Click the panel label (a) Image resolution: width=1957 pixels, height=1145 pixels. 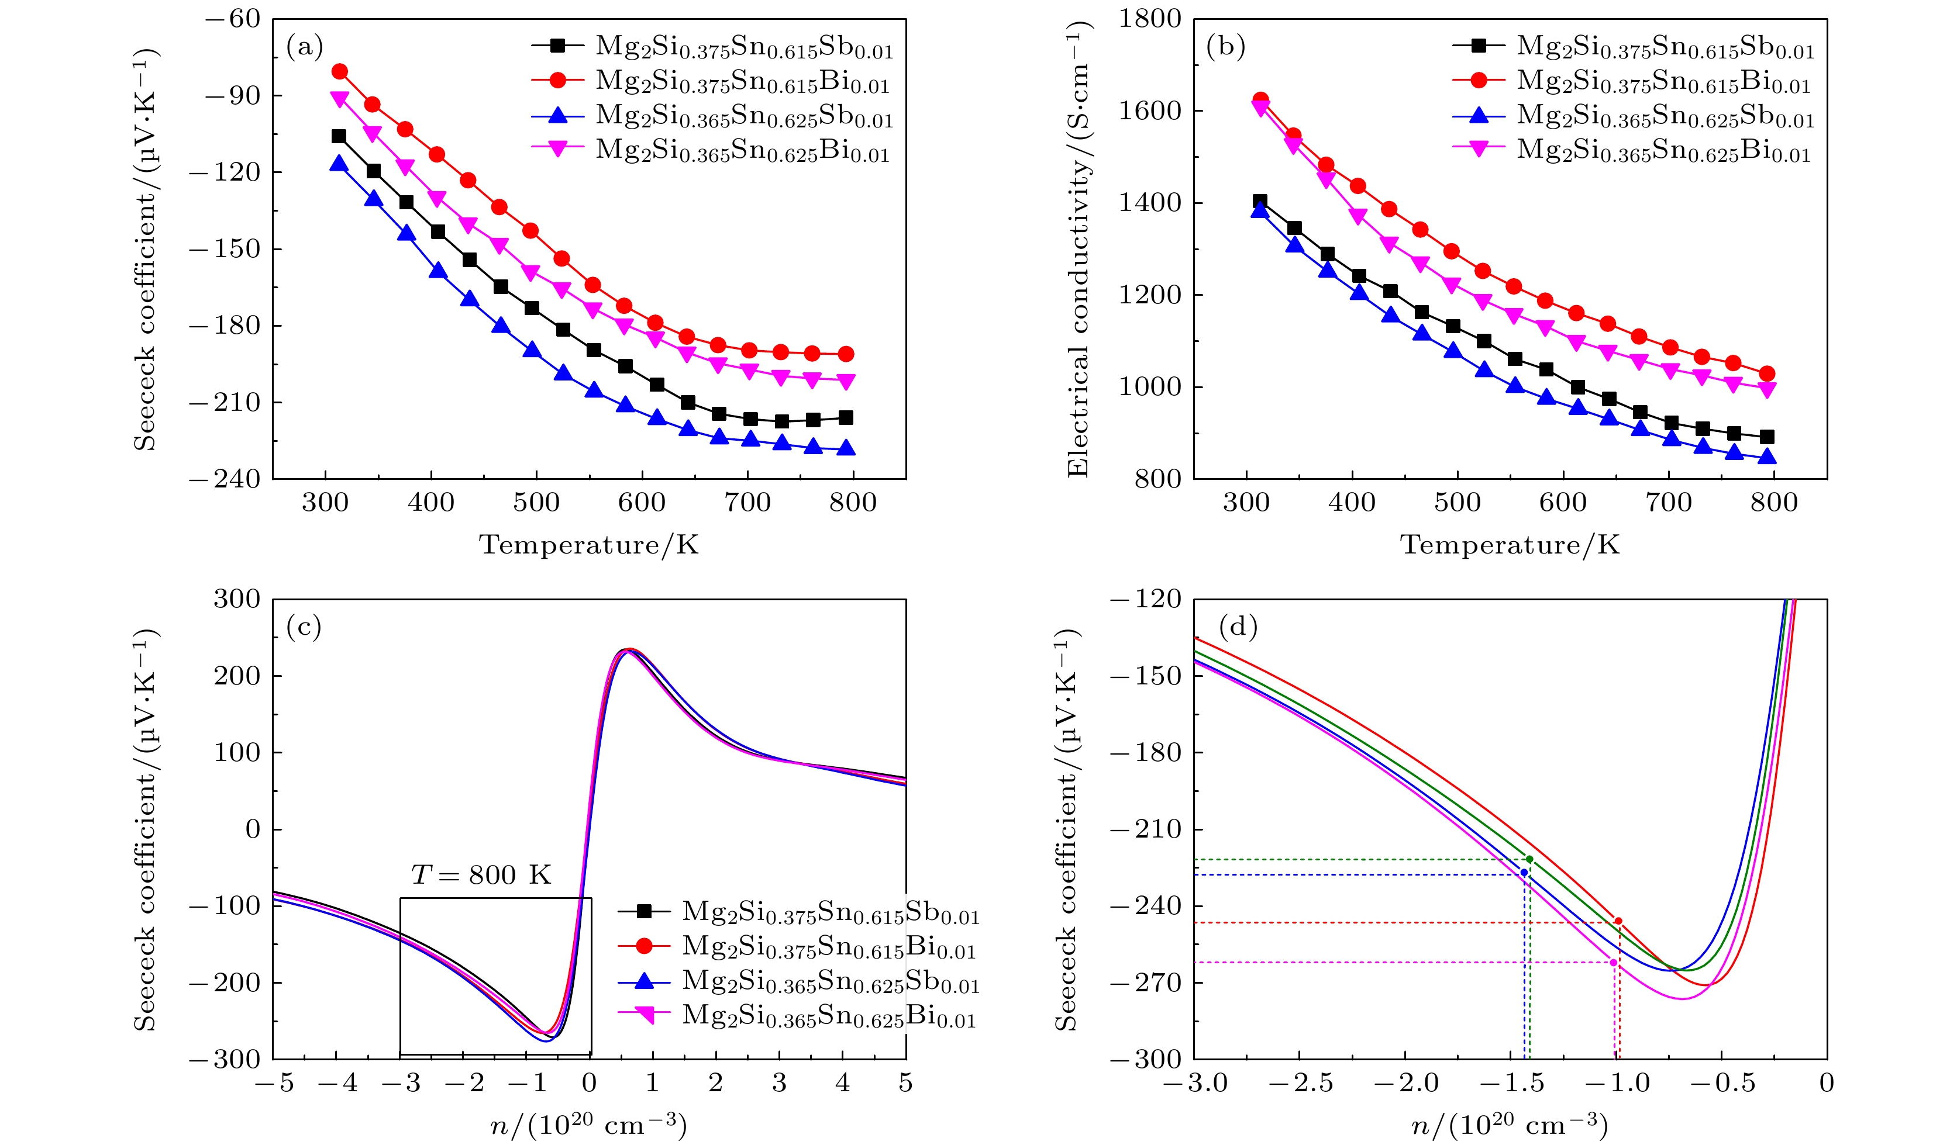point(304,47)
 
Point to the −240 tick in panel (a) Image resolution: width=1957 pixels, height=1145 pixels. point(225,479)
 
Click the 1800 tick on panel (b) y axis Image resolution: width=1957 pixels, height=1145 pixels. point(1149,19)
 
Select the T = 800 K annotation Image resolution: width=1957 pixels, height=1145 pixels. point(481,875)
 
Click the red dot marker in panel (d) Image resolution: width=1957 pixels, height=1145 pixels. point(1618,921)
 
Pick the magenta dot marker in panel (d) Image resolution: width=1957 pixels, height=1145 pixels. point(1614,963)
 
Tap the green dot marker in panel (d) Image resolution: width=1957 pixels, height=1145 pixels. point(1530,859)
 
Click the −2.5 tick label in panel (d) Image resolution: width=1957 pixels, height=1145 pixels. point(1301,1084)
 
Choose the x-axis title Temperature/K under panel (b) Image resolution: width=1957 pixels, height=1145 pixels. point(1510,545)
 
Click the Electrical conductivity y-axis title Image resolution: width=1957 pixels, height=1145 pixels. point(1079,248)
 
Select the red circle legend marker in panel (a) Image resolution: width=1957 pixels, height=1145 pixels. point(557,80)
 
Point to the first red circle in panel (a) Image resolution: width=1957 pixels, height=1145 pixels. point(339,71)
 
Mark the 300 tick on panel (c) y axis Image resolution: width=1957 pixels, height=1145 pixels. point(237,599)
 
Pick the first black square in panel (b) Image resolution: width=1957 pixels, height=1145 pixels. point(1260,202)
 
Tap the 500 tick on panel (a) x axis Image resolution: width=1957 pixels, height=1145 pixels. point(536,502)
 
